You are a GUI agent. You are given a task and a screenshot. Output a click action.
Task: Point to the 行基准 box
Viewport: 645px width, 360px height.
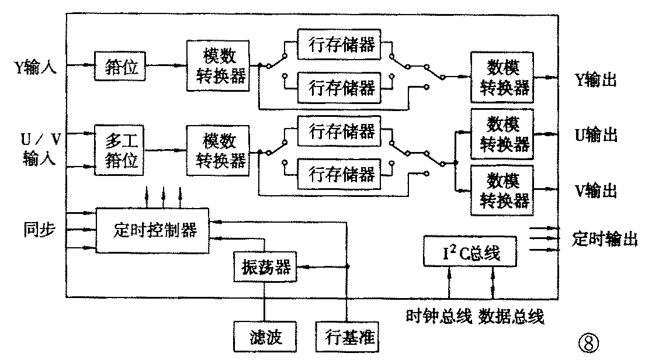[347, 337]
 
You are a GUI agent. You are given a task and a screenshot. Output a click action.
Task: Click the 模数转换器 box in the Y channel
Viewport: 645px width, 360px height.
[217, 65]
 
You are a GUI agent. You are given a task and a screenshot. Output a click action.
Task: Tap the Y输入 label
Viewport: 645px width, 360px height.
[35, 65]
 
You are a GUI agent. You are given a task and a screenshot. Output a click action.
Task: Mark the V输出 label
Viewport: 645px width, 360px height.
[596, 190]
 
